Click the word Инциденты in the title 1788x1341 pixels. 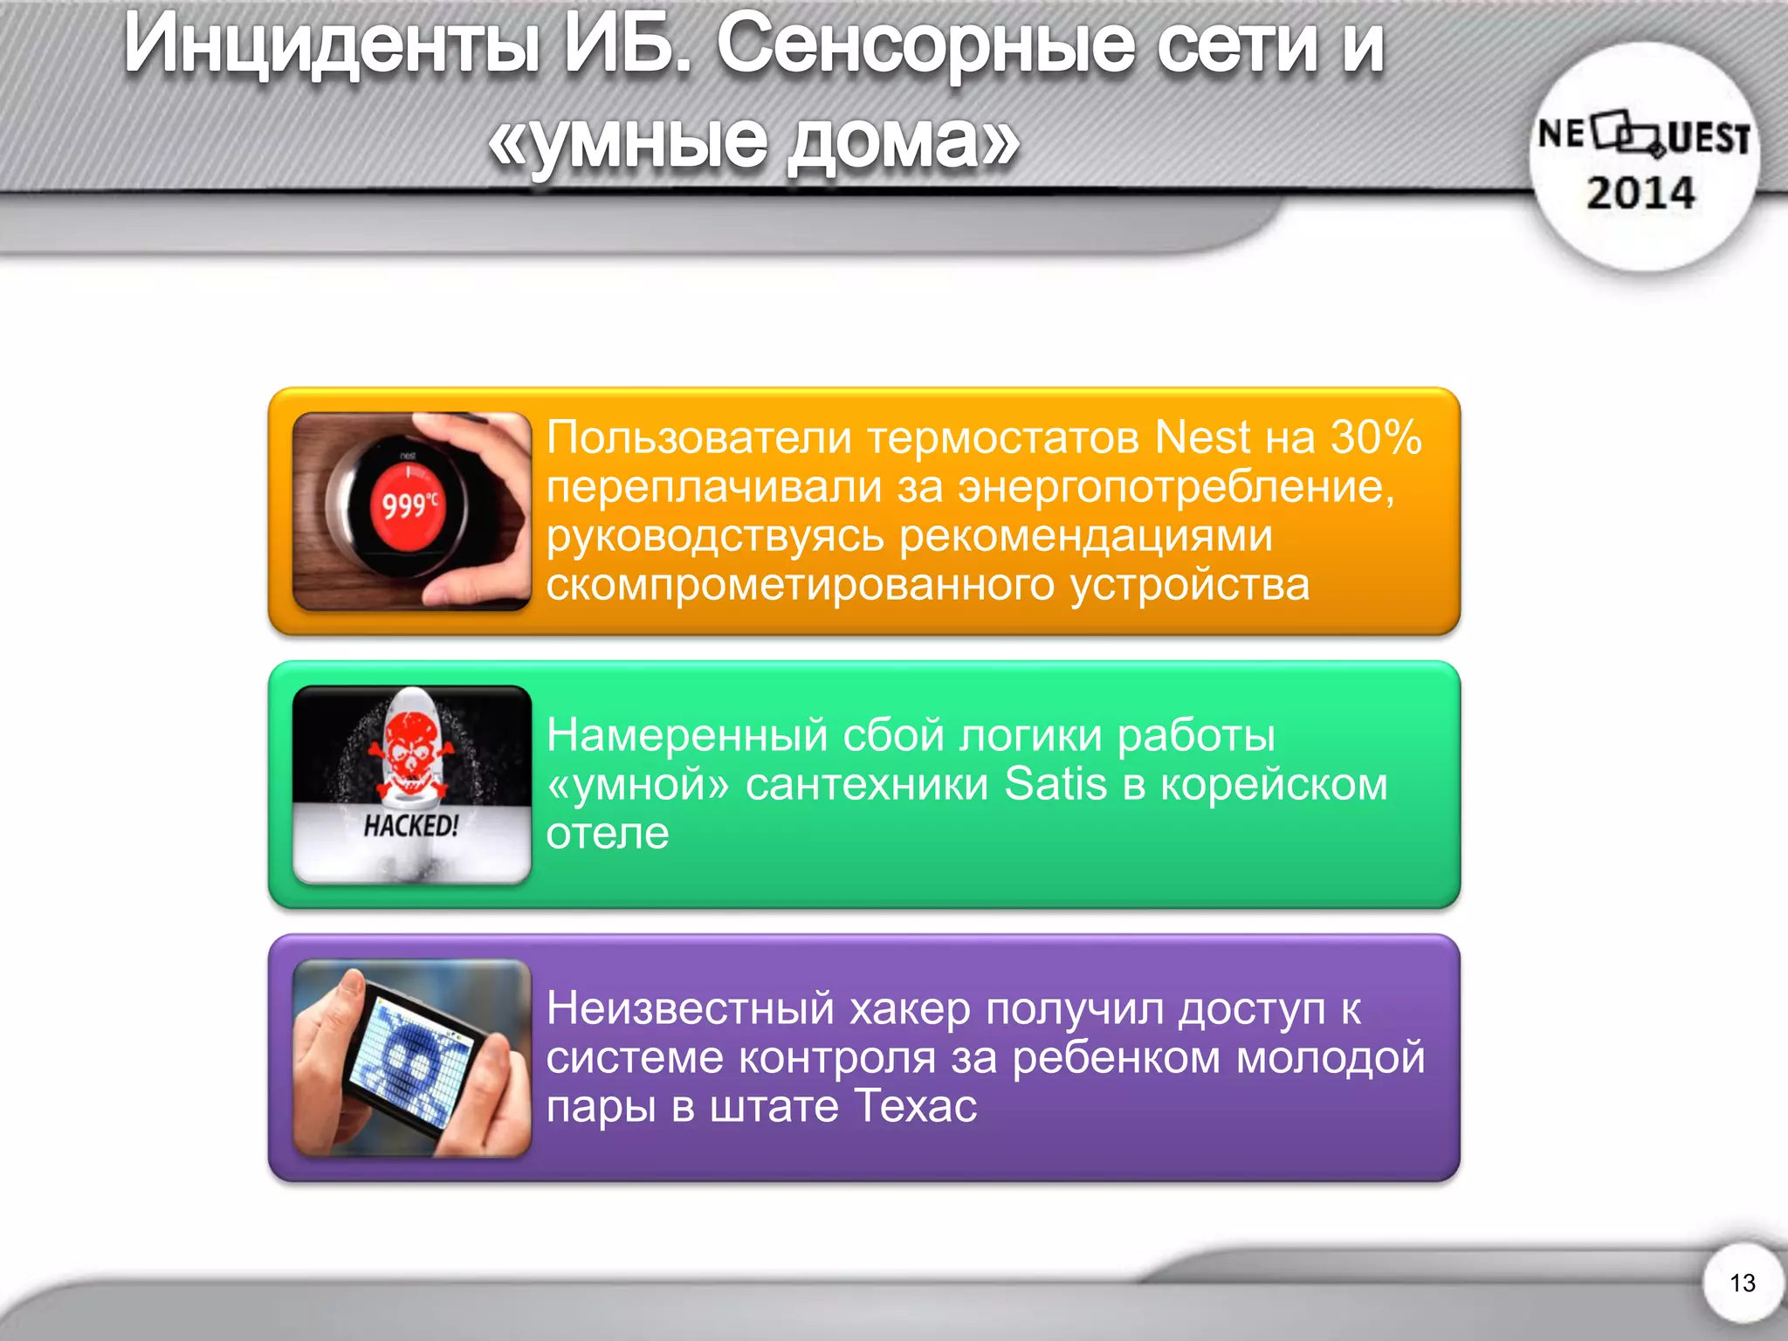[332, 45]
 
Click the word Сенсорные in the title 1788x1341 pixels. [925, 45]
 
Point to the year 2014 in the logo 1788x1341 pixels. [1640, 193]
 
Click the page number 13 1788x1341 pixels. [1743, 1283]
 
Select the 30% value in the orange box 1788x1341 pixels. [1376, 437]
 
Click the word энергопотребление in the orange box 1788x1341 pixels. [1175, 486]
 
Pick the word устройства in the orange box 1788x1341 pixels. [1189, 584]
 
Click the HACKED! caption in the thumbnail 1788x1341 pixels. [410, 825]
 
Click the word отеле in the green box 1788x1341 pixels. [608, 833]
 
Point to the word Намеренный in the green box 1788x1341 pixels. [686, 734]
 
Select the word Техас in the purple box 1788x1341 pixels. [915, 1106]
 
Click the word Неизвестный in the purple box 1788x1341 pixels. [690, 1008]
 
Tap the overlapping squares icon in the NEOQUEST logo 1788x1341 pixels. [1627, 134]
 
